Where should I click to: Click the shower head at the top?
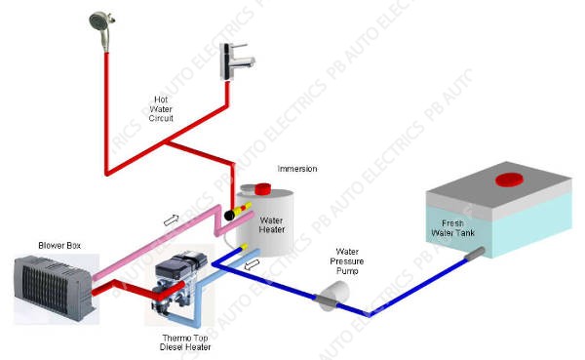click(99, 20)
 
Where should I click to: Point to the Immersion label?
click(296, 168)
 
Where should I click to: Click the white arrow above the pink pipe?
click(172, 220)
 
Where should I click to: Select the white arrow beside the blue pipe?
click(252, 262)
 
